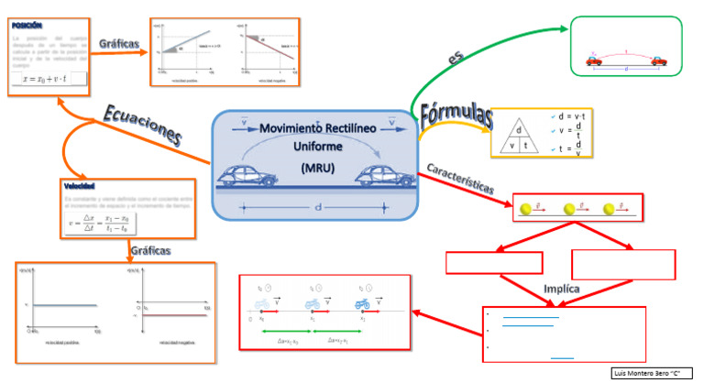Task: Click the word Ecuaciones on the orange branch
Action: click(143, 124)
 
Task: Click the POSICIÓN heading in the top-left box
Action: click(28, 26)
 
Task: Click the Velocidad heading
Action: click(81, 186)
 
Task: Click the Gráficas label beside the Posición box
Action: click(119, 43)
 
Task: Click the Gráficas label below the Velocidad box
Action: click(150, 249)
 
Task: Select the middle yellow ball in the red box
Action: click(568, 210)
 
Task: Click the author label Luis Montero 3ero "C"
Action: click(649, 374)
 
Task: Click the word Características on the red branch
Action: click(460, 179)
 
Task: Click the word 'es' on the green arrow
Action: click(456, 58)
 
